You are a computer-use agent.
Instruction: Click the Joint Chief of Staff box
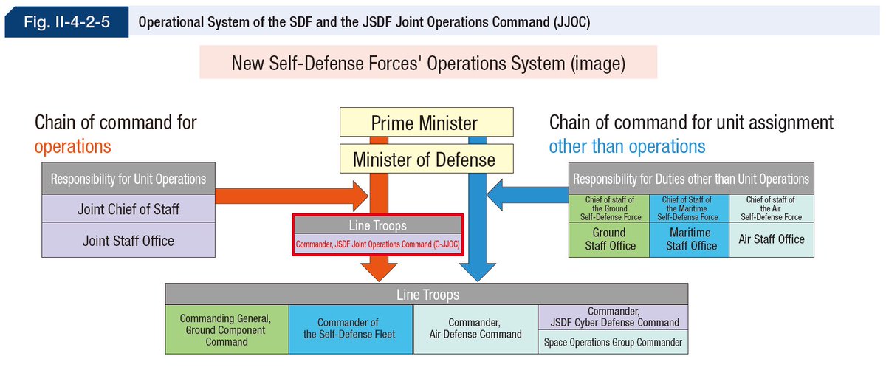[128, 210]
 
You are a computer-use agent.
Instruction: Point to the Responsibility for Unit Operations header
[128, 179]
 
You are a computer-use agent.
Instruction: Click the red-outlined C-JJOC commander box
[378, 235]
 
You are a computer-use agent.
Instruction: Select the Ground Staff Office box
[610, 239]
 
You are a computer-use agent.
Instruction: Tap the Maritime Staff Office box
[690, 239]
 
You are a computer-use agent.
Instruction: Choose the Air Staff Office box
[772, 239]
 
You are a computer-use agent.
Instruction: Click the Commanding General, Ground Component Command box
[227, 329]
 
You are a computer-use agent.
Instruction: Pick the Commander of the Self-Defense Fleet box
[351, 329]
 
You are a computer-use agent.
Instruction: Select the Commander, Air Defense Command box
[475, 329]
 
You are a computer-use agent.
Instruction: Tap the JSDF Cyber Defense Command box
[614, 317]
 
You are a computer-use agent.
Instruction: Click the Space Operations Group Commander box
[614, 342]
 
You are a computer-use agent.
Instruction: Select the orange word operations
[72, 146]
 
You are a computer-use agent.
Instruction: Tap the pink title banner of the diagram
[428, 64]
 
